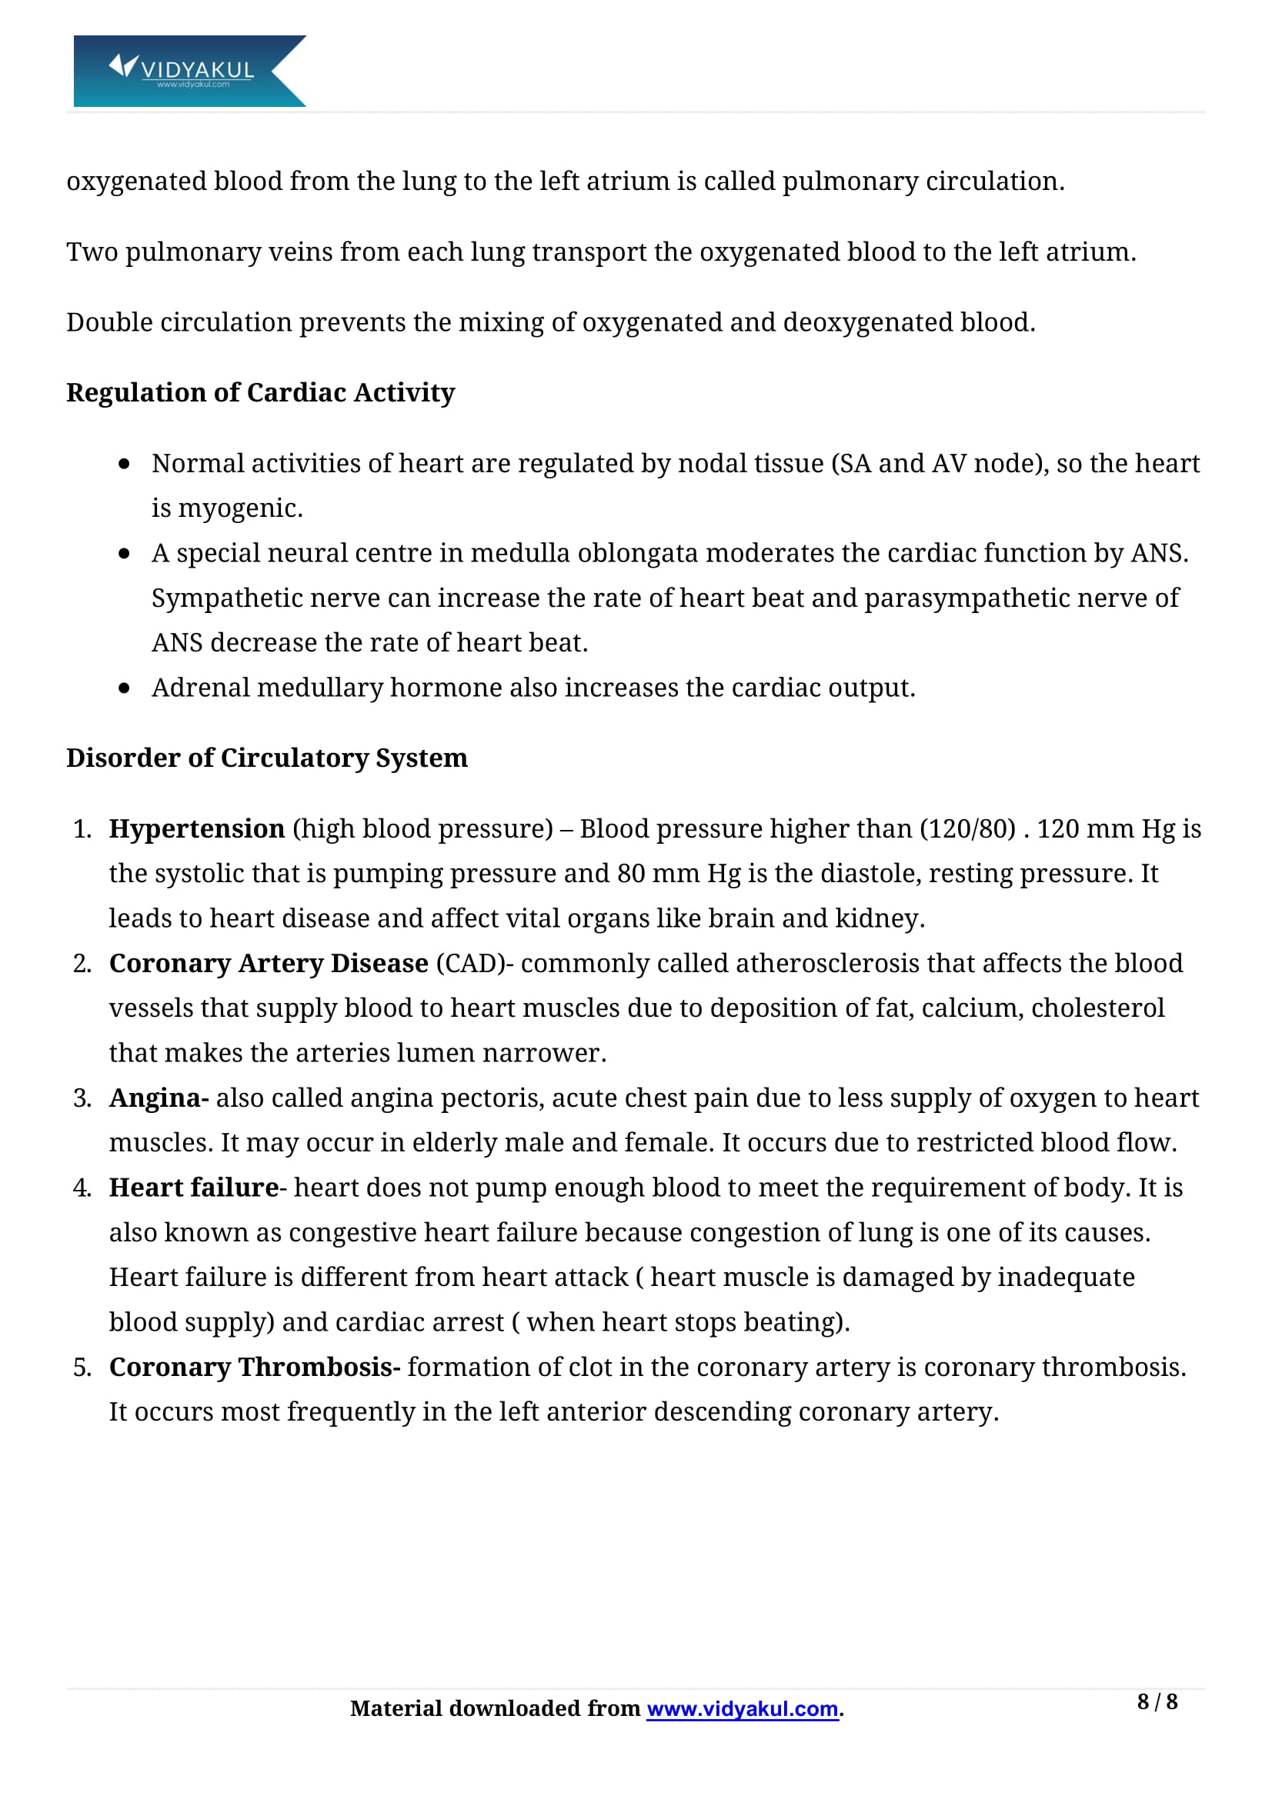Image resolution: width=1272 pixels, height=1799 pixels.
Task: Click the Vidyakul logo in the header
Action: point(189,71)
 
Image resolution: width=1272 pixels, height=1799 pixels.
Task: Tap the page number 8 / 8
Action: point(1157,1701)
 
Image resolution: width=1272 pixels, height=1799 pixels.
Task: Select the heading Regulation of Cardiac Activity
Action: point(260,392)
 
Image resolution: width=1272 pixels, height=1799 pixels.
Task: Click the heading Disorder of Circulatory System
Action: point(266,758)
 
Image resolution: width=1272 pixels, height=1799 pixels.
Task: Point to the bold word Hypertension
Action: point(197,828)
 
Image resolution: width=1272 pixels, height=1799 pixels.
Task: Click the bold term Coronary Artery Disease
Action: point(268,963)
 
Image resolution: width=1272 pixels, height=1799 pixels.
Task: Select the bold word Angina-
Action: point(159,1098)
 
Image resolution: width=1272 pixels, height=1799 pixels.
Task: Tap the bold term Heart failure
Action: point(194,1187)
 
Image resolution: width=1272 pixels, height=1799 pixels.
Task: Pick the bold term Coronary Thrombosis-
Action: point(255,1367)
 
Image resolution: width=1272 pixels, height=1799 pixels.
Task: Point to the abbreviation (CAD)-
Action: point(475,963)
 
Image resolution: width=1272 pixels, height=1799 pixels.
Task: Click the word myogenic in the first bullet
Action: point(239,508)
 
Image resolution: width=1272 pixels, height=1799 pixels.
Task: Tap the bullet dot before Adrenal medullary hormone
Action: point(124,688)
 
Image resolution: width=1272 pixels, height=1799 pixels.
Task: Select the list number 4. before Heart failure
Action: point(82,1188)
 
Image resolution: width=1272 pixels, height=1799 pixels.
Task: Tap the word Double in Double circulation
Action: point(109,322)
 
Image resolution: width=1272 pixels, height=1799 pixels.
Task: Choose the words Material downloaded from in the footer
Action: point(495,1708)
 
